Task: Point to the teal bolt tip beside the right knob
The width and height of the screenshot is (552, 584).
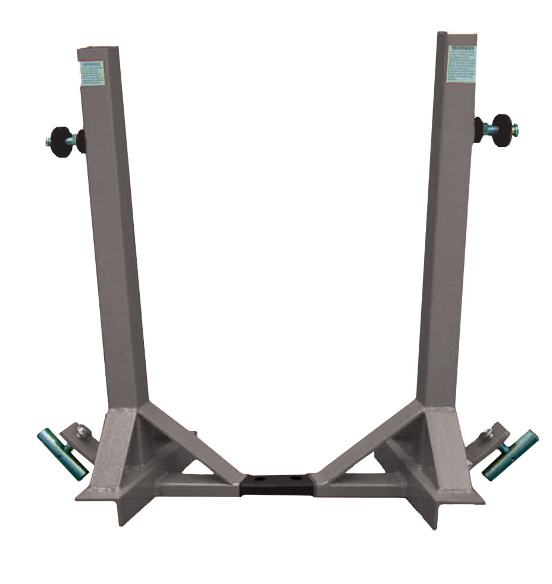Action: click(515, 128)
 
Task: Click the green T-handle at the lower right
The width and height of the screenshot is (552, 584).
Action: click(510, 456)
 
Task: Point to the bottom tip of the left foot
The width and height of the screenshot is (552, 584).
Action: click(122, 523)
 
